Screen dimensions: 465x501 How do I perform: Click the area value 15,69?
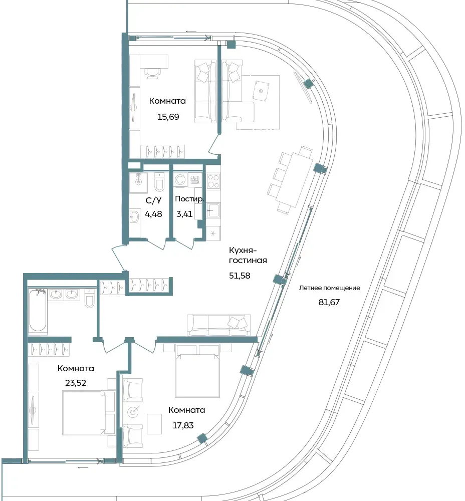click(168, 117)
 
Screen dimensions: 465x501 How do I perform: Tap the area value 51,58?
click(240, 276)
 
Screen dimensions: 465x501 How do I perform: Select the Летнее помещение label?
click(329, 288)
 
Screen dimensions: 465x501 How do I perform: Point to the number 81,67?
click(329, 302)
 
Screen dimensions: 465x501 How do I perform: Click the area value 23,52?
click(76, 383)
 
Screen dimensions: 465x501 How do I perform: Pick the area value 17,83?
click(183, 425)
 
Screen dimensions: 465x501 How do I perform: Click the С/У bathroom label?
click(153, 200)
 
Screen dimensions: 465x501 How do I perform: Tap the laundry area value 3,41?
click(184, 214)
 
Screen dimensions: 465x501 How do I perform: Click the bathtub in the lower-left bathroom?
click(38, 310)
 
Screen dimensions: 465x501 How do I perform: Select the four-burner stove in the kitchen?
click(213, 181)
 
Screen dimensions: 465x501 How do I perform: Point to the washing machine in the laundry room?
click(180, 179)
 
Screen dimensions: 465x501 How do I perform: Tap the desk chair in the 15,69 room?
click(151, 73)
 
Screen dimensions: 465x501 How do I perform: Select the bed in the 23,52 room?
click(84, 412)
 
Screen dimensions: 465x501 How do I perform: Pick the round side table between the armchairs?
click(133, 412)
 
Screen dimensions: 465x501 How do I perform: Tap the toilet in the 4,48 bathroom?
click(159, 183)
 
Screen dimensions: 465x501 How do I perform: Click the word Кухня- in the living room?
click(243, 250)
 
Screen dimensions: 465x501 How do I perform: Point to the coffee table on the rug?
click(261, 91)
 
